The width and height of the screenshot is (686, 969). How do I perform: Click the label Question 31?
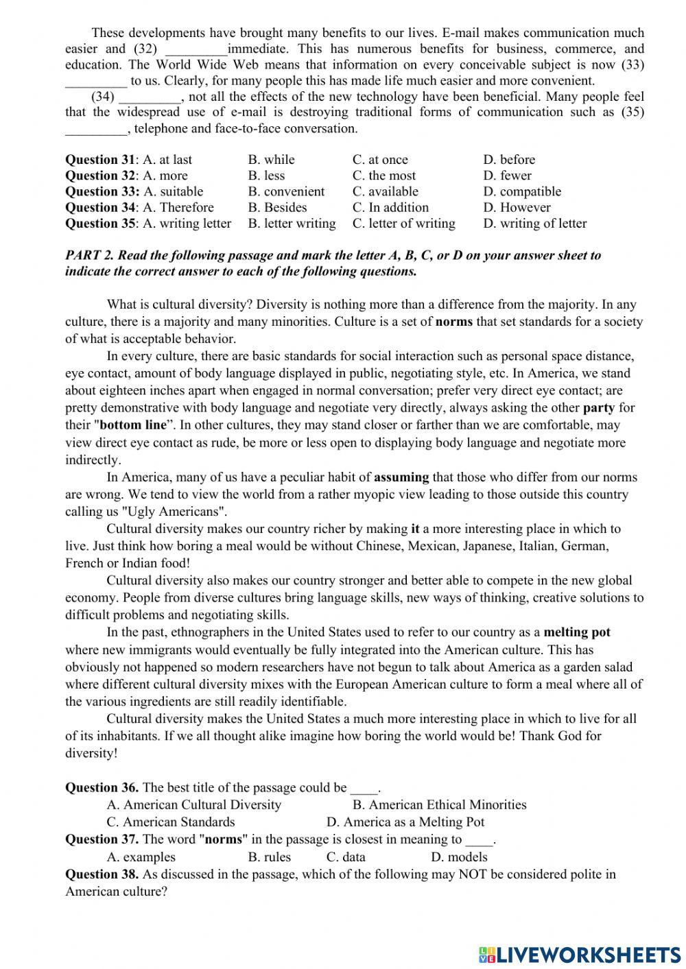(x=100, y=160)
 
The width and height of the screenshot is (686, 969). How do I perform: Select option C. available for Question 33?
(x=385, y=191)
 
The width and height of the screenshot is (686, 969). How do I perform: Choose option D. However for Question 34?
(x=517, y=207)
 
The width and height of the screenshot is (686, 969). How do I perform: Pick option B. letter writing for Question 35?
(x=292, y=224)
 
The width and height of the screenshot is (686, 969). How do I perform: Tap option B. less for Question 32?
(x=266, y=176)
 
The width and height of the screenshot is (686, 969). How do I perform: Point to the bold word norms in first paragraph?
(x=453, y=322)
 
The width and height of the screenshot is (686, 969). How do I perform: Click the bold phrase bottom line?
(x=133, y=425)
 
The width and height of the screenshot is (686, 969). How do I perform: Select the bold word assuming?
(x=401, y=477)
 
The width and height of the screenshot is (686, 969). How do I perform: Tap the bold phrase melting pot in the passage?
(x=576, y=632)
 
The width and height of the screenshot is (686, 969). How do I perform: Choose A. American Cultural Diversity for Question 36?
(x=194, y=805)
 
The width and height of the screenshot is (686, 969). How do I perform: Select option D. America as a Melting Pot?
(x=405, y=822)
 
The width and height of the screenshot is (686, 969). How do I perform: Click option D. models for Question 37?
(x=459, y=857)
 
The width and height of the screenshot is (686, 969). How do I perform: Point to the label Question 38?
(x=102, y=874)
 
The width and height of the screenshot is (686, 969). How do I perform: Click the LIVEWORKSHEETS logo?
(x=580, y=955)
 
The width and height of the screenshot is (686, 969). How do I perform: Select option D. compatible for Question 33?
(x=521, y=191)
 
